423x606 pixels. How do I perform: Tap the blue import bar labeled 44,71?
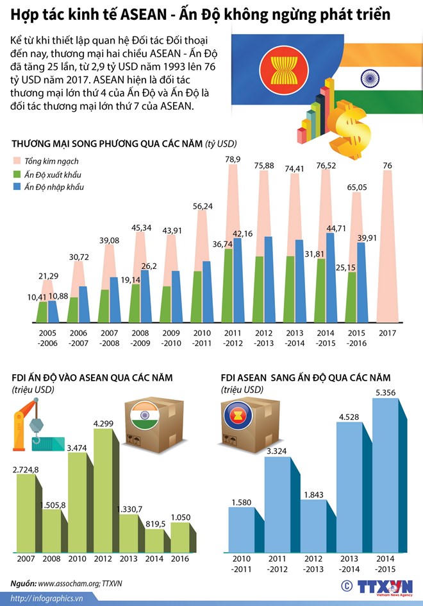(330, 276)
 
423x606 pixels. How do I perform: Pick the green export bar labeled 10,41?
(42, 311)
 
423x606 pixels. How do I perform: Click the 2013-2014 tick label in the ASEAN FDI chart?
(351, 564)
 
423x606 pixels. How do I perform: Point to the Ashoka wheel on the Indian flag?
(369, 79)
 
